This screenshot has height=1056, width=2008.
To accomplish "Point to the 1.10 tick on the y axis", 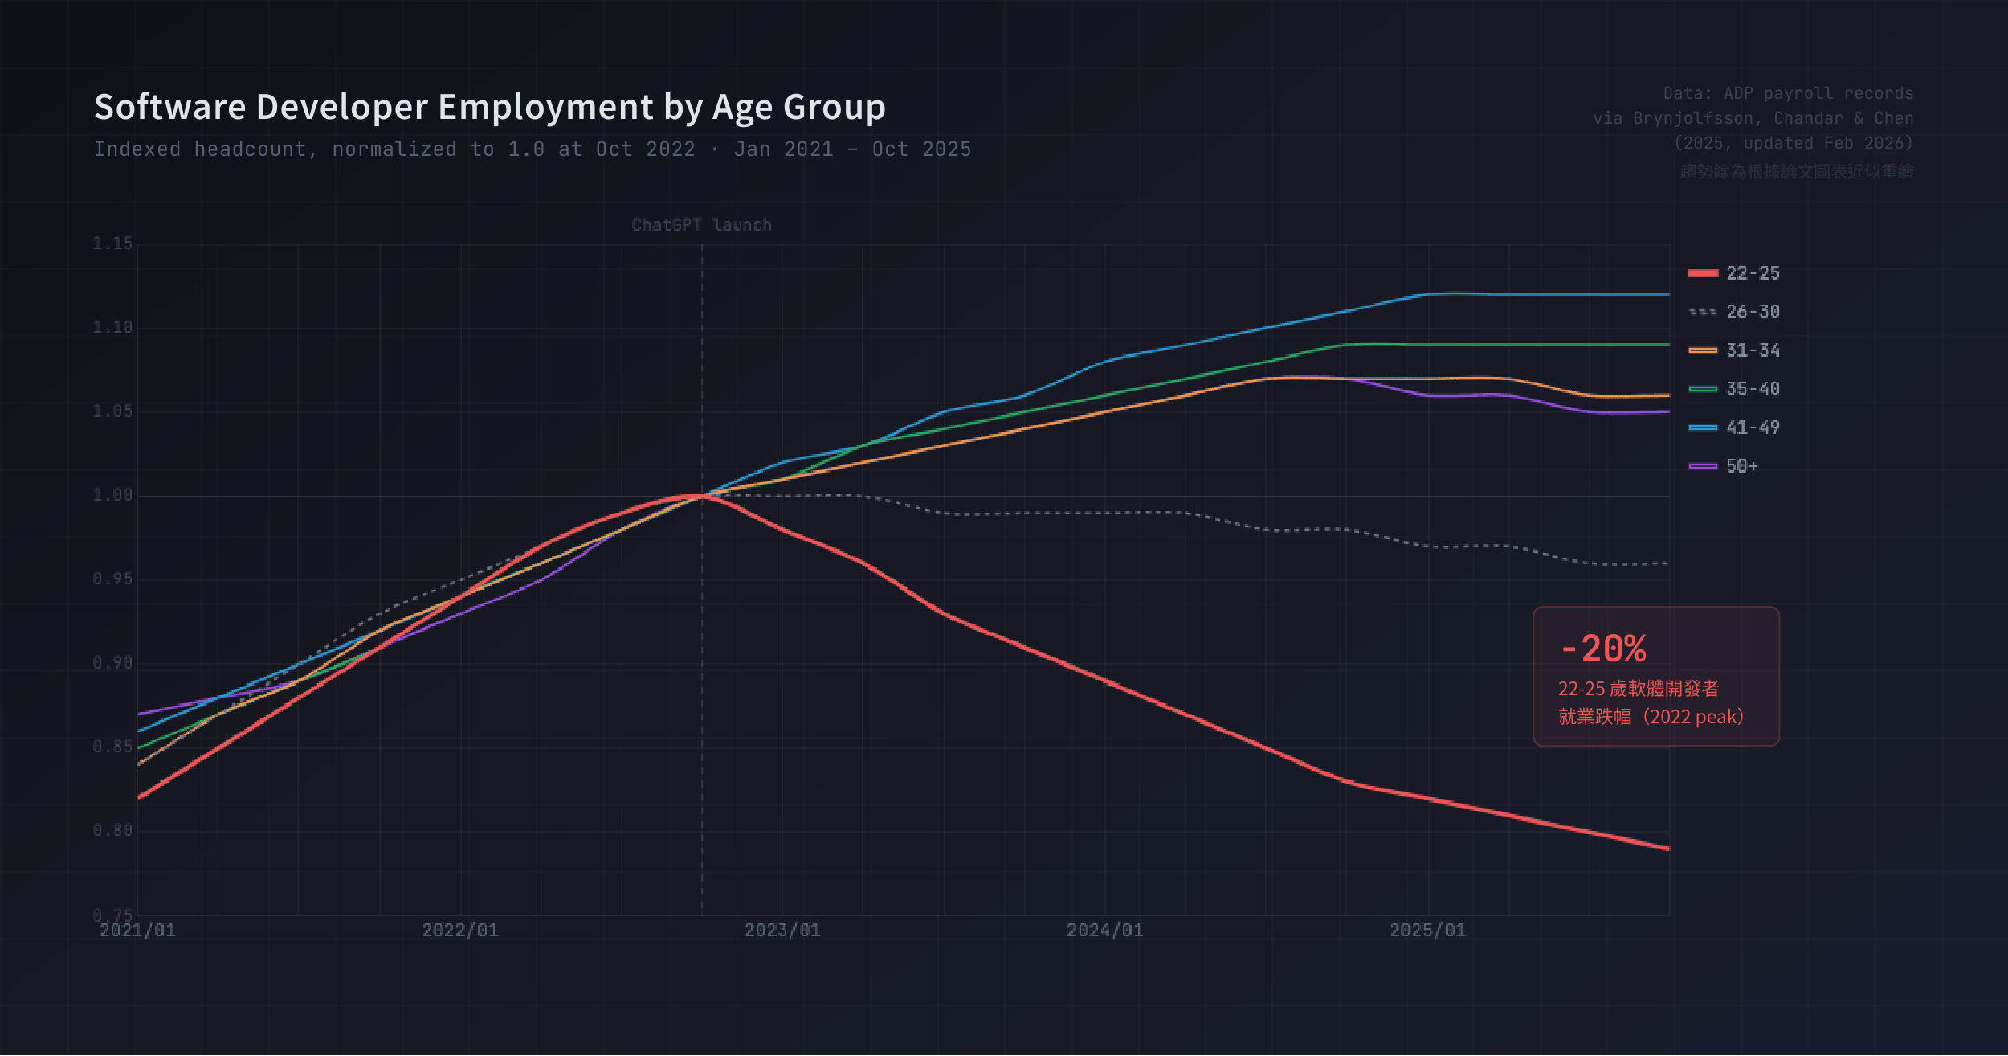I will click(112, 327).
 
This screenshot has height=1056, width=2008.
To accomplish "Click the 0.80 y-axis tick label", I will click(112, 830).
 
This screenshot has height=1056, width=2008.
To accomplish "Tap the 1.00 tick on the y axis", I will click(112, 495).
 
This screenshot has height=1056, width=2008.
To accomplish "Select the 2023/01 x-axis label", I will click(782, 930).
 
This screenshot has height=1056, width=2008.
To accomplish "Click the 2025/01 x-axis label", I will click(1427, 930).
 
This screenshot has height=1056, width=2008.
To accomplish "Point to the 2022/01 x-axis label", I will click(460, 930).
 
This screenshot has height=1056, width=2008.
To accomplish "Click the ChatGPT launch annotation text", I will click(701, 225).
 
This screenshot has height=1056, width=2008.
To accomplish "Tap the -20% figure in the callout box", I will click(1602, 649).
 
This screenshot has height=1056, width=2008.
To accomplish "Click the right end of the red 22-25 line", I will click(1668, 849).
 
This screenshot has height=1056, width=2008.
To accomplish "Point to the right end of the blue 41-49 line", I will click(1668, 294).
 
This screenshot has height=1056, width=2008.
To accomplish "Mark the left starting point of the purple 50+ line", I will click(139, 714).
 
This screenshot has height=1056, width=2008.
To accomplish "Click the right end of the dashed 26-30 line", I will click(1668, 563).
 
